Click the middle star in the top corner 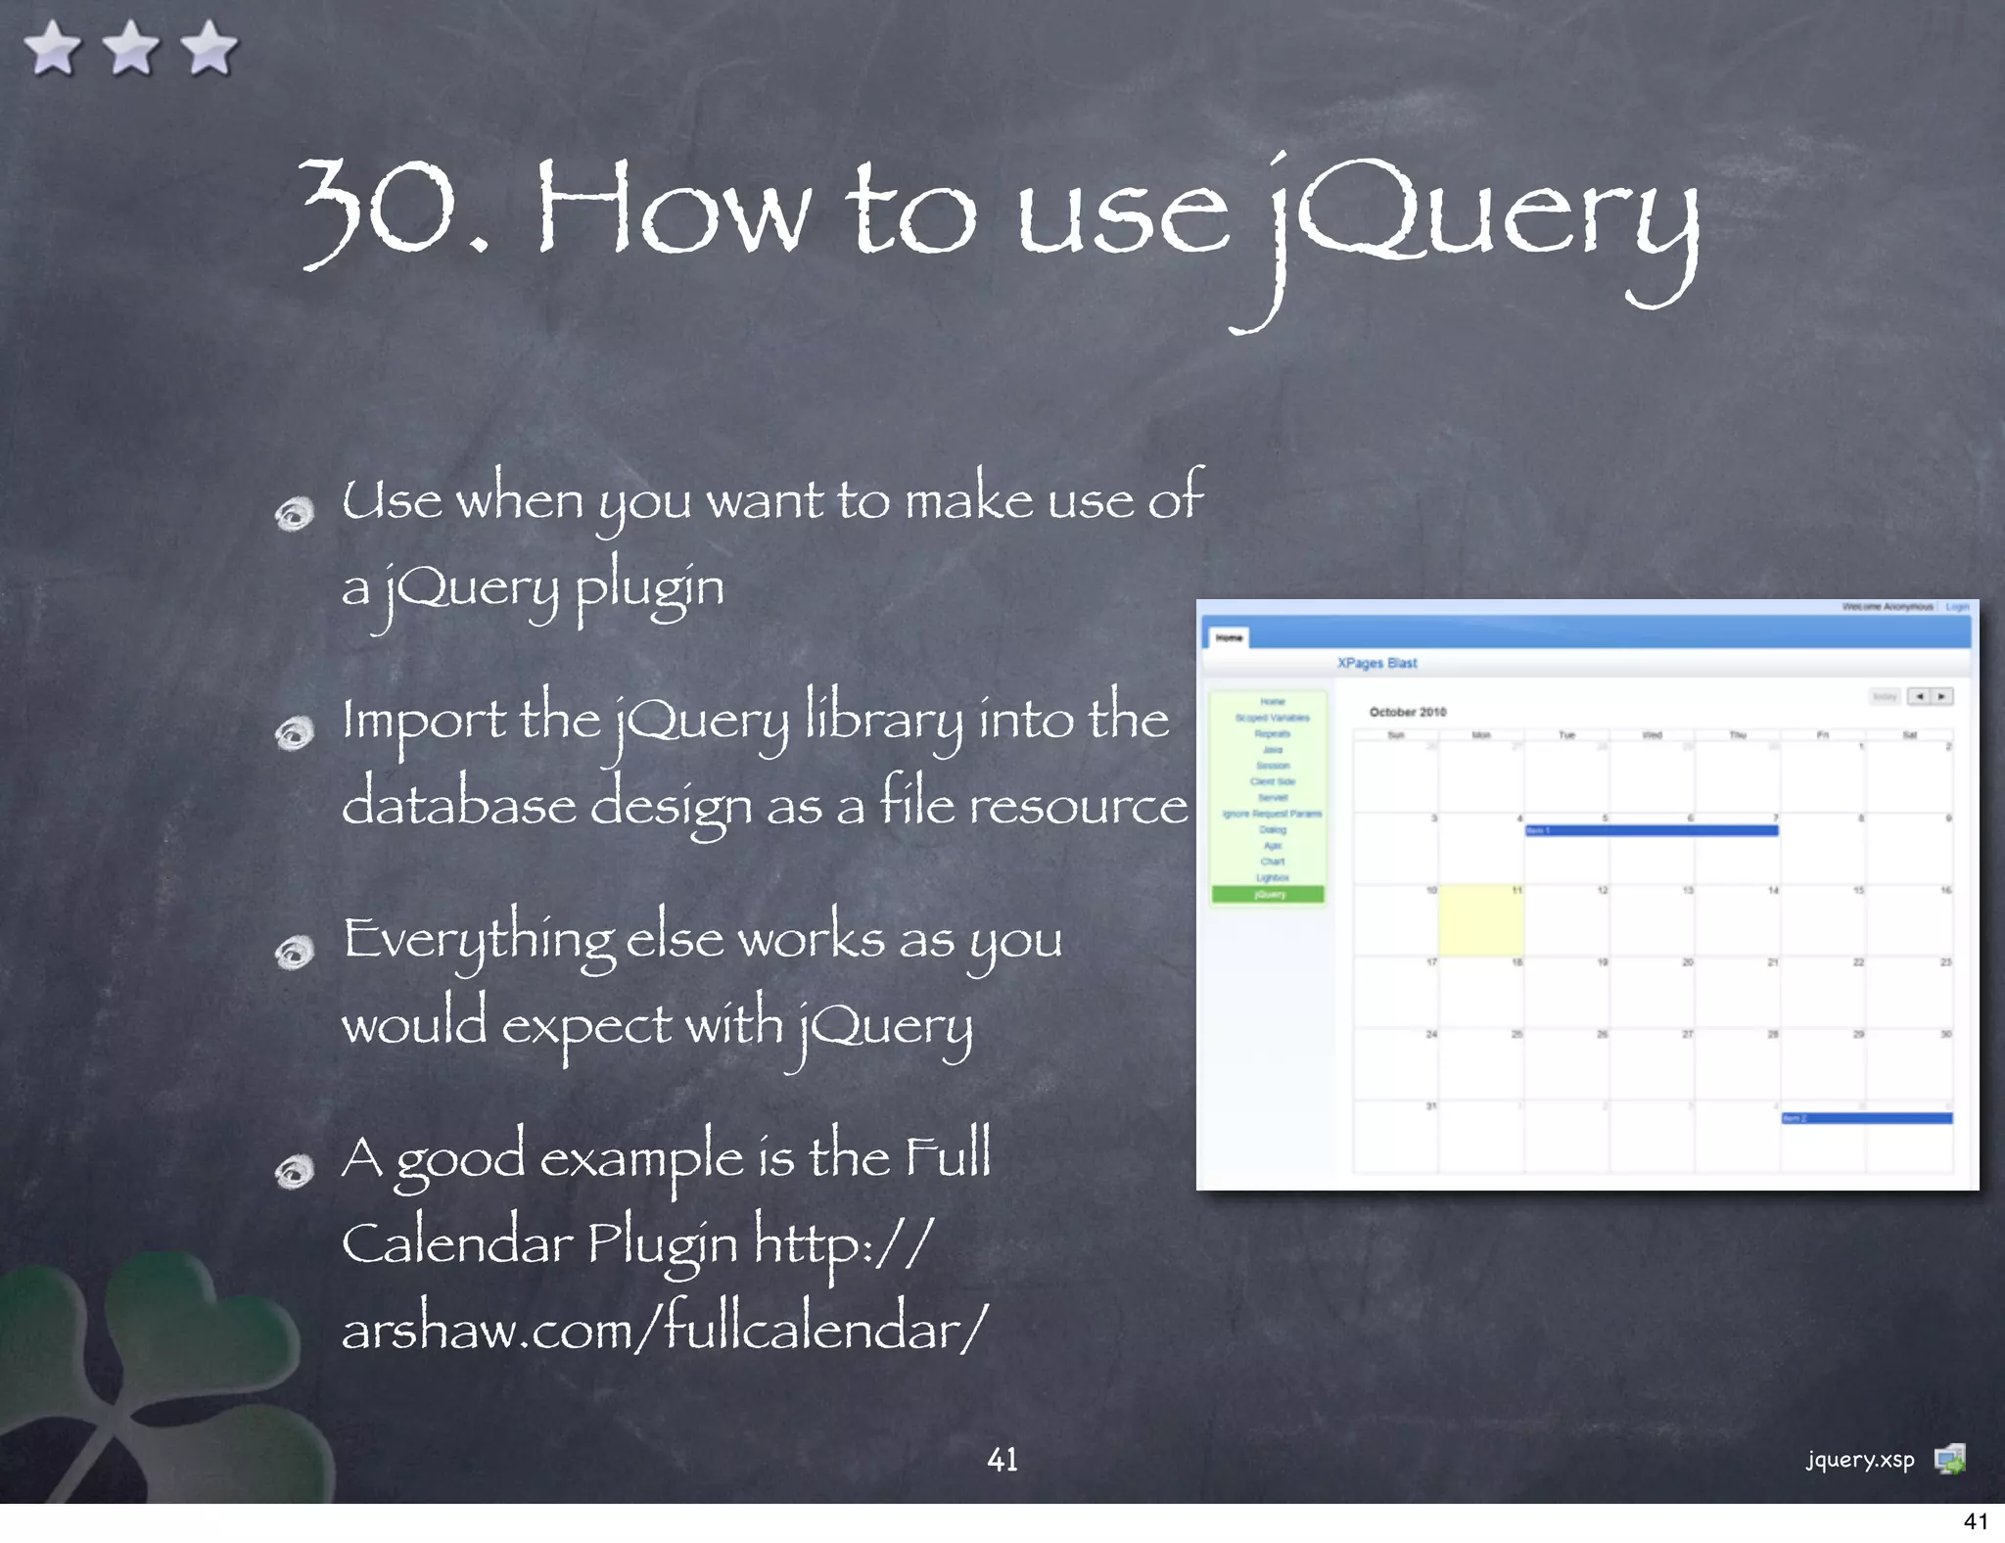[x=131, y=49]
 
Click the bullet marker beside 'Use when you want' [x=294, y=513]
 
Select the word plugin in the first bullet [x=649, y=587]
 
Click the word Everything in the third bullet [x=478, y=940]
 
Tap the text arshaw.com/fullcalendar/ [x=665, y=1330]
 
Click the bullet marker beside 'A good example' [x=294, y=1171]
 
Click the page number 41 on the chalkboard [x=1002, y=1460]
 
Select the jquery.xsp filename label [x=1859, y=1460]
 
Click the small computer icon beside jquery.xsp [x=1949, y=1460]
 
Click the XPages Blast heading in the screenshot [x=1376, y=663]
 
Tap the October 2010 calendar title [x=1407, y=712]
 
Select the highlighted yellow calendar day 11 [x=1480, y=920]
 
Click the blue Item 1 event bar [x=1651, y=830]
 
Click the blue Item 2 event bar [x=1866, y=1118]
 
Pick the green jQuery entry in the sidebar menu [x=1268, y=894]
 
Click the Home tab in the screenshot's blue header [x=1229, y=637]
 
